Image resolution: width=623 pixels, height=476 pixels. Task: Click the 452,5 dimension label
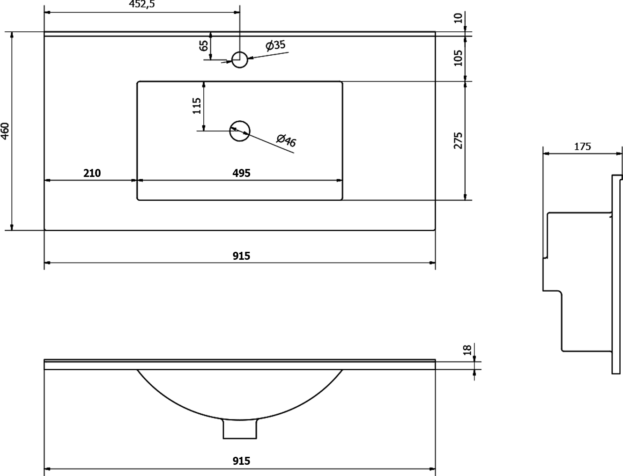pyautogui.click(x=141, y=4)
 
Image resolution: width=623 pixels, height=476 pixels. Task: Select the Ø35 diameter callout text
pyautogui.click(x=275, y=45)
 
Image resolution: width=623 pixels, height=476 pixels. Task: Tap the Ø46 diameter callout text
pyautogui.click(x=286, y=140)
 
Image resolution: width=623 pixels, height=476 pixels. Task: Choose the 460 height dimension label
pyautogui.click(x=6, y=131)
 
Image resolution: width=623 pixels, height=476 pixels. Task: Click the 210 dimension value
pyautogui.click(x=92, y=173)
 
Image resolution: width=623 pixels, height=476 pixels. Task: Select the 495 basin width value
pyautogui.click(x=241, y=173)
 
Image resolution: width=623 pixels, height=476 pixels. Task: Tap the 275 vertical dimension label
pyautogui.click(x=458, y=140)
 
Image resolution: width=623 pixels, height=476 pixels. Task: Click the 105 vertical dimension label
pyautogui.click(x=458, y=58)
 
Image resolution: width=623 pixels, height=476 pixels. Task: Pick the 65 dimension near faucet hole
pyautogui.click(x=204, y=46)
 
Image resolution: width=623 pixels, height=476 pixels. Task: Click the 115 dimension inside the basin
pyautogui.click(x=197, y=106)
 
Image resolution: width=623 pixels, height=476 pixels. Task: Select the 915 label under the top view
pyautogui.click(x=241, y=256)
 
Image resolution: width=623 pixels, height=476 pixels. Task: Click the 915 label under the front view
pyautogui.click(x=241, y=461)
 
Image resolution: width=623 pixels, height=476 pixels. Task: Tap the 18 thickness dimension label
pyautogui.click(x=467, y=350)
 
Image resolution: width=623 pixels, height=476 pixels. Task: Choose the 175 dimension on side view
pyautogui.click(x=583, y=146)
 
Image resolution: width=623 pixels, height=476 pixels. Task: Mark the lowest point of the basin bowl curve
pyautogui.click(x=240, y=420)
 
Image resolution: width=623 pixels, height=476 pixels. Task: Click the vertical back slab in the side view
pyautogui.click(x=616, y=274)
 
